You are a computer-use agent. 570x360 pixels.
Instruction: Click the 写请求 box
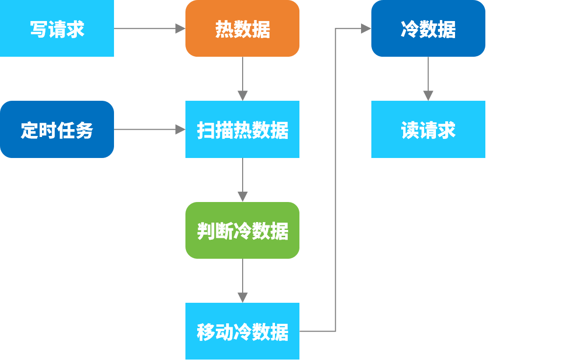tap(57, 28)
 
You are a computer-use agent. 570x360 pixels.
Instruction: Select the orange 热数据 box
tap(242, 28)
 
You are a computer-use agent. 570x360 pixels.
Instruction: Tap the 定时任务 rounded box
tap(57, 130)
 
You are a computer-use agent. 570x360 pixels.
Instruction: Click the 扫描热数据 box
tap(242, 130)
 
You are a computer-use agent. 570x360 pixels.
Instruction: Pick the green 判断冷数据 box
tap(242, 230)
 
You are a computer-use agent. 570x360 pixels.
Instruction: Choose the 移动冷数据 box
tap(242, 331)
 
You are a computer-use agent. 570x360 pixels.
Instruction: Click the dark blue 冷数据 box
tap(428, 28)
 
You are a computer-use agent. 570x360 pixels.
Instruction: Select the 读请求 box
tap(428, 130)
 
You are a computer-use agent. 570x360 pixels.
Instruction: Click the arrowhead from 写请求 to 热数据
tap(181, 29)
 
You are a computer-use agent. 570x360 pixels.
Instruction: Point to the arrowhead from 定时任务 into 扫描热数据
tap(181, 130)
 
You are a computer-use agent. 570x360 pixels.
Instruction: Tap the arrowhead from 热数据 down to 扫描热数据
tap(243, 95)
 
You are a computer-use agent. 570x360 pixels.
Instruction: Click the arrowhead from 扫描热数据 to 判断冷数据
tap(243, 197)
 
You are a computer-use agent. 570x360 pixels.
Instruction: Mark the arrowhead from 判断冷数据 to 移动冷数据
tap(243, 297)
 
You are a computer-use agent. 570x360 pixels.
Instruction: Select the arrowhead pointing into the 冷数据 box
tap(366, 29)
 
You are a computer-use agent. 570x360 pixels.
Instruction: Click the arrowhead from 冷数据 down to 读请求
tap(429, 95)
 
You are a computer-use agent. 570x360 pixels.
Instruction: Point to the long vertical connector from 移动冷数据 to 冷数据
tap(336, 181)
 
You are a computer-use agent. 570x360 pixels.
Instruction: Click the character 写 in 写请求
tap(39, 29)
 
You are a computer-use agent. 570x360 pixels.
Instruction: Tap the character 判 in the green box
tap(205, 231)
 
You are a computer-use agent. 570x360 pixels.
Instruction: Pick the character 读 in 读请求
tap(410, 130)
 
